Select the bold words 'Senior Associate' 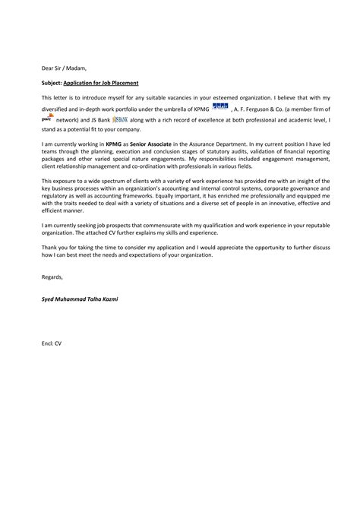click(x=133, y=143)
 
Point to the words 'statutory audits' click(x=191, y=151)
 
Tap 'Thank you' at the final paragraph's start click(x=55, y=250)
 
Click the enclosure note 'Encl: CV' click(x=52, y=344)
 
